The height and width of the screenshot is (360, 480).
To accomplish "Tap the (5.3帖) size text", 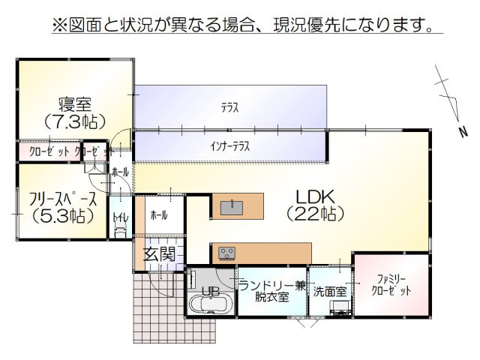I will tap(63, 216).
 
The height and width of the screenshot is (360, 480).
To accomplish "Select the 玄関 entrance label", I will tap(160, 253).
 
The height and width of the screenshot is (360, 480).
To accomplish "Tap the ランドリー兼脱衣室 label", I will tap(271, 290).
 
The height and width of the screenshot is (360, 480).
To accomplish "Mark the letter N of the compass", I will tap(463, 132).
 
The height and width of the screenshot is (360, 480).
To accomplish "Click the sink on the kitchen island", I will tap(233, 205).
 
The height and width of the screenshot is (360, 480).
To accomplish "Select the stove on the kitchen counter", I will tap(226, 253).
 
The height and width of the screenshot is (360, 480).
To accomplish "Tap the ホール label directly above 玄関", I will tap(159, 215).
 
